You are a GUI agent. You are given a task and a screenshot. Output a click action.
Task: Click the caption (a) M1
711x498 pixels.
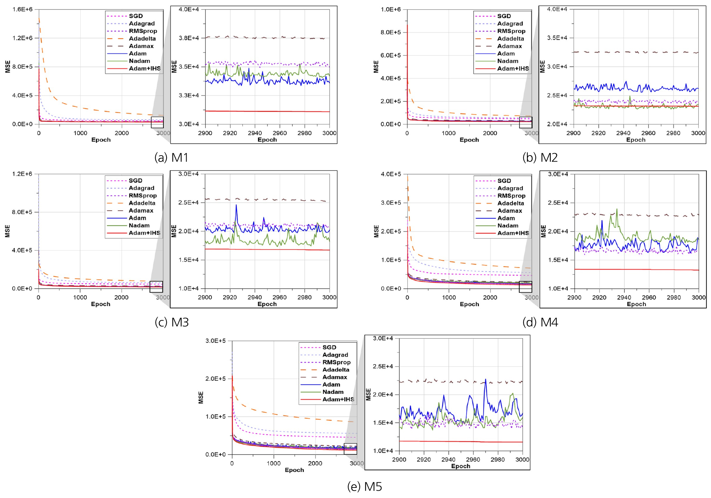(171, 157)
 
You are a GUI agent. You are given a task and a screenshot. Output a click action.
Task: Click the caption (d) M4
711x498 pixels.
(540, 322)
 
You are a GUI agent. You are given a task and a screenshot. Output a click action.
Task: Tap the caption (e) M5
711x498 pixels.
(364, 486)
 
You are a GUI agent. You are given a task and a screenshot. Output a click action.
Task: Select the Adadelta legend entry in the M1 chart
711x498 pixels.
(142, 39)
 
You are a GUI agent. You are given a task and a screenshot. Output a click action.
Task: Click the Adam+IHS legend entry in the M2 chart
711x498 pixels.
(513, 69)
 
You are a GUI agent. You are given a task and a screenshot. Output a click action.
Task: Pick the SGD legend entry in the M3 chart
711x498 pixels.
(135, 180)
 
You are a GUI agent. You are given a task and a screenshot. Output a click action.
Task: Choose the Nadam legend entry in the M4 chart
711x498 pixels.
(508, 226)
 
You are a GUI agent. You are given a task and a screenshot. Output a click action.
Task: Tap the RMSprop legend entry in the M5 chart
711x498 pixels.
(336, 362)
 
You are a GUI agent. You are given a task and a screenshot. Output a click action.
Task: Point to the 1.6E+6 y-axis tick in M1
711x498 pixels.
(22, 9)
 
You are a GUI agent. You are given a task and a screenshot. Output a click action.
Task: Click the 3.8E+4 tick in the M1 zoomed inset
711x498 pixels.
(189, 38)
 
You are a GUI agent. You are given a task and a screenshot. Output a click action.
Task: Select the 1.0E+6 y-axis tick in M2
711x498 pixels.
(391, 9)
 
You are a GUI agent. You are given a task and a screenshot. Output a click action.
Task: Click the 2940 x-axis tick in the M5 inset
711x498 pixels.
(448, 459)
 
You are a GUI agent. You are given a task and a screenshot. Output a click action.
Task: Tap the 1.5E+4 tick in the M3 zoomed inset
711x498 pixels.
(189, 260)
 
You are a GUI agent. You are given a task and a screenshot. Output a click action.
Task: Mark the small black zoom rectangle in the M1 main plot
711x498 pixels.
(157, 122)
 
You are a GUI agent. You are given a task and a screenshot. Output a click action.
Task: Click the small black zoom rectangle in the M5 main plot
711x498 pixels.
(350, 449)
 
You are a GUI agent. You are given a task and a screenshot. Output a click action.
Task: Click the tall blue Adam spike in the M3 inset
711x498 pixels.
(236, 206)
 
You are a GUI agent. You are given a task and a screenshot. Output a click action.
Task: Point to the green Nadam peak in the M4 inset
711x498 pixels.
(617, 210)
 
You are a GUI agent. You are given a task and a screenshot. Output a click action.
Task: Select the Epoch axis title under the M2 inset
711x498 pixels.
(636, 140)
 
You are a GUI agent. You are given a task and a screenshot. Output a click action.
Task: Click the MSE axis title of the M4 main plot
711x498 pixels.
(377, 231)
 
